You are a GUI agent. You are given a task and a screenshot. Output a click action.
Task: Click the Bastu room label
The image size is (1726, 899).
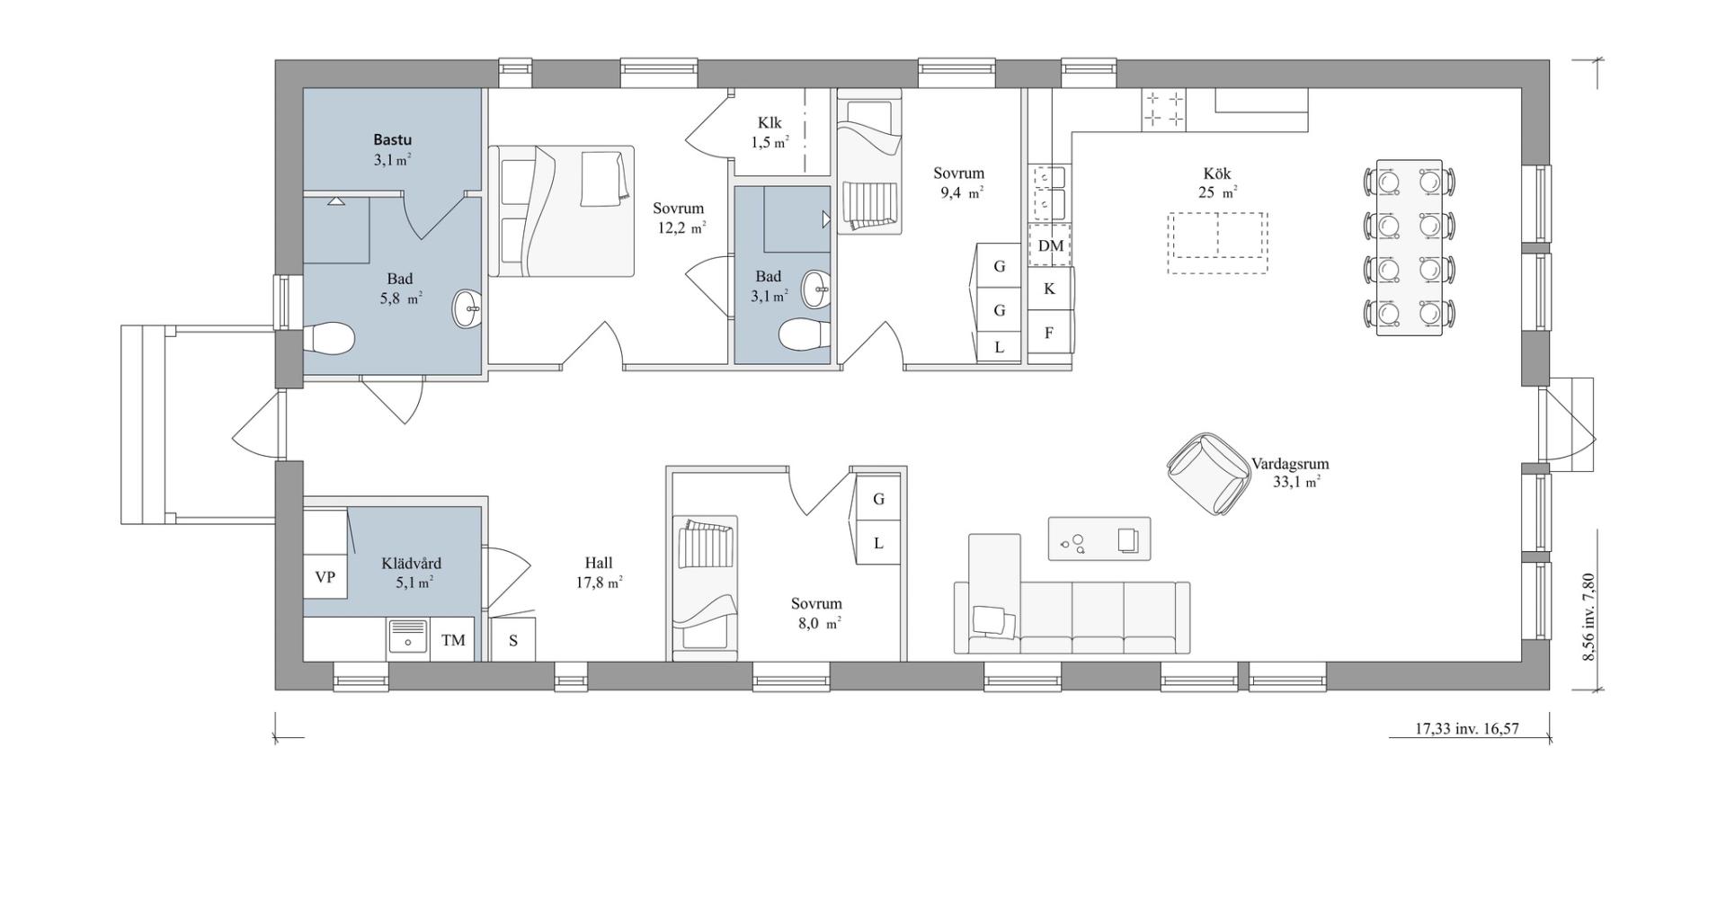tap(393, 140)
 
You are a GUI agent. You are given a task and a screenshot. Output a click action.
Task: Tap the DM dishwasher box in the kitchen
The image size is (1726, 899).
tap(1050, 245)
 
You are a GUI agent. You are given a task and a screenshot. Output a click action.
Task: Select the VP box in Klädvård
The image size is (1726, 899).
tap(325, 577)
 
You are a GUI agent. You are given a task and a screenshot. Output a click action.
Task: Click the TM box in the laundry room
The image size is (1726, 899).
tap(453, 640)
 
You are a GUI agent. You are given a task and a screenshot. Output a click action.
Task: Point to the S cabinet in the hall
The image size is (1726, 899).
tap(513, 640)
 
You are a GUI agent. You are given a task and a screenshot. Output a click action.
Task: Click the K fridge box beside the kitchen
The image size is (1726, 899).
tap(1049, 289)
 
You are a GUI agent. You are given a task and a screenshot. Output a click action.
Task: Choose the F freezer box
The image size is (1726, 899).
tap(1049, 333)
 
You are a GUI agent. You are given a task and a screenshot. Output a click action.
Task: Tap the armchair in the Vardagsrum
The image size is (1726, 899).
tap(1210, 474)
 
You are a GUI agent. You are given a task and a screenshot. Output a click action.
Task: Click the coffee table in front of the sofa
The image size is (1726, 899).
tap(1099, 539)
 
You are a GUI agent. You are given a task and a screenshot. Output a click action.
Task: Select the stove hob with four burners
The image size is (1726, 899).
tap(1164, 110)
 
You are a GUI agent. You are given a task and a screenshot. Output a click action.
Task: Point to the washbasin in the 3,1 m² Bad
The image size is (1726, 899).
tap(818, 287)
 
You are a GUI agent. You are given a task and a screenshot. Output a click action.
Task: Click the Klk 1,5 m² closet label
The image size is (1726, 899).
tap(770, 132)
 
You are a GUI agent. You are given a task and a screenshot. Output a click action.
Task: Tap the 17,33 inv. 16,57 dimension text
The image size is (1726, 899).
tap(1467, 728)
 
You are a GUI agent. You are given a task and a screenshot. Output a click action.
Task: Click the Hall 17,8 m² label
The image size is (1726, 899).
tap(600, 573)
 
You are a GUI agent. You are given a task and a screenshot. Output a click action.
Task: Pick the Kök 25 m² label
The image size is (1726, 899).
tap(1218, 182)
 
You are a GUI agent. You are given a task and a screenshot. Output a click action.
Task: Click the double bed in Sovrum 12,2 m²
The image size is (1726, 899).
tap(562, 211)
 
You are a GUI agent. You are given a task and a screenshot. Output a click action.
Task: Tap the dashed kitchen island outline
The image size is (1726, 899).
tap(1218, 243)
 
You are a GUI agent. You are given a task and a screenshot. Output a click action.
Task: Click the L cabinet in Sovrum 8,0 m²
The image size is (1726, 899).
tap(878, 543)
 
